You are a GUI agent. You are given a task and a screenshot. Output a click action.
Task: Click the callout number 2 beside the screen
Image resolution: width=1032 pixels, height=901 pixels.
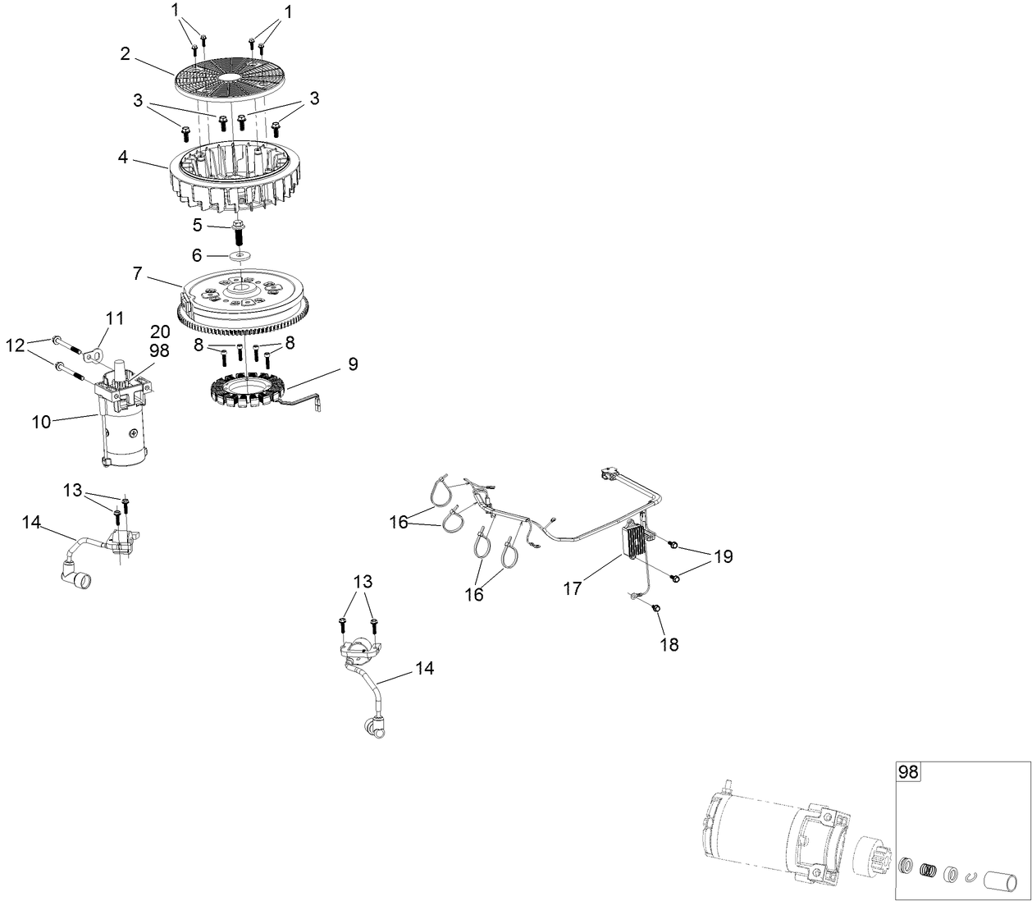125,53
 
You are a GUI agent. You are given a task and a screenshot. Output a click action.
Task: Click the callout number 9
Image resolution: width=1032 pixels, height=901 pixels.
353,364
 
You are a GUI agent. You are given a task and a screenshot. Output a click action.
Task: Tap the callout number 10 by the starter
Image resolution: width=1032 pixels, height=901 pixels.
42,421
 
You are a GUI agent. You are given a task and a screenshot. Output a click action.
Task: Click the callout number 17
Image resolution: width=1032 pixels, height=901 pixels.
573,588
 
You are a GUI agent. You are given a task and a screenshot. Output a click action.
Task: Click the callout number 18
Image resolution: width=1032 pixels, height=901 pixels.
669,644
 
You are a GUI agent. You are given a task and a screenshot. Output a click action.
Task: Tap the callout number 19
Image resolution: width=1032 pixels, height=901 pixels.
722,557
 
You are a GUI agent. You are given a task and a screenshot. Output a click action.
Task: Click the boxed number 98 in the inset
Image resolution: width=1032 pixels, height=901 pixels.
908,771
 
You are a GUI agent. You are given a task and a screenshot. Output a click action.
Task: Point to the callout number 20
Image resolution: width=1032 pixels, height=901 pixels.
160,331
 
